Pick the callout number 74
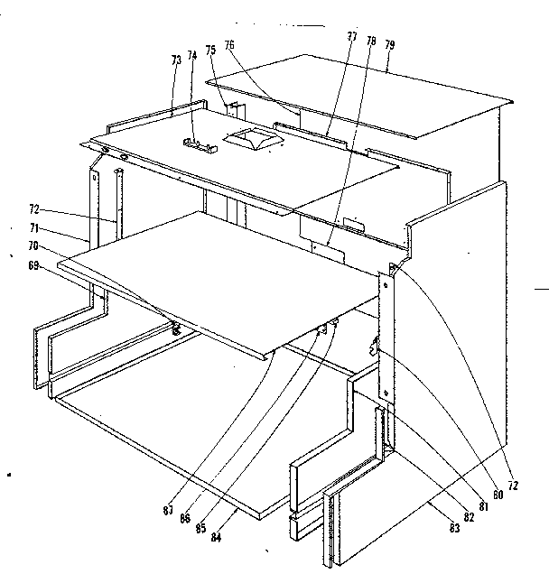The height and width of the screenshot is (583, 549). tap(192, 54)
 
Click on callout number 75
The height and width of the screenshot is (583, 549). tap(209, 51)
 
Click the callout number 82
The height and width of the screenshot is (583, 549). tap(469, 517)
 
